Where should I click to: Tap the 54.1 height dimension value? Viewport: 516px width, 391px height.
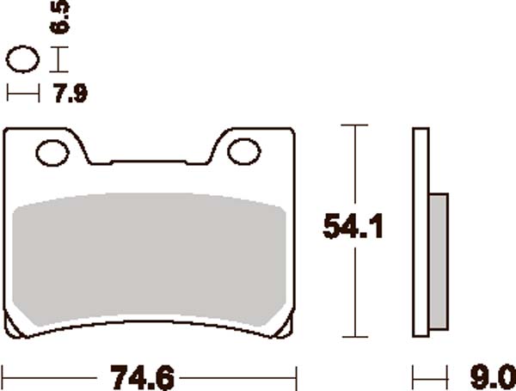click(352, 228)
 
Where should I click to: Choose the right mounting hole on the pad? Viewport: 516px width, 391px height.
click(243, 152)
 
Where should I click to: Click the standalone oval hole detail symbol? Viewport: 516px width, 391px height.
click(23, 61)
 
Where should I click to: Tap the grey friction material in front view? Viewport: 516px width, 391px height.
click(150, 258)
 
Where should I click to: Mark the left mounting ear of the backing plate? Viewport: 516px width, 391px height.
click(47, 150)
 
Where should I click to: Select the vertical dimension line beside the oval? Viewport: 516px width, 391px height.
click(58, 60)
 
